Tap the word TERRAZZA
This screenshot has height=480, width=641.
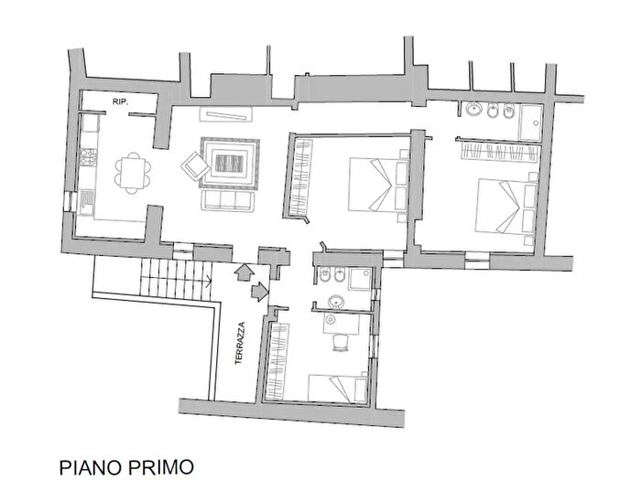click(240, 344)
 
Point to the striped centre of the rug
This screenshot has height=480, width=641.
click(229, 164)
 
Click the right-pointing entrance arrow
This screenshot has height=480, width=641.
click(259, 293)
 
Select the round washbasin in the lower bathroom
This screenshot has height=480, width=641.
click(334, 304)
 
